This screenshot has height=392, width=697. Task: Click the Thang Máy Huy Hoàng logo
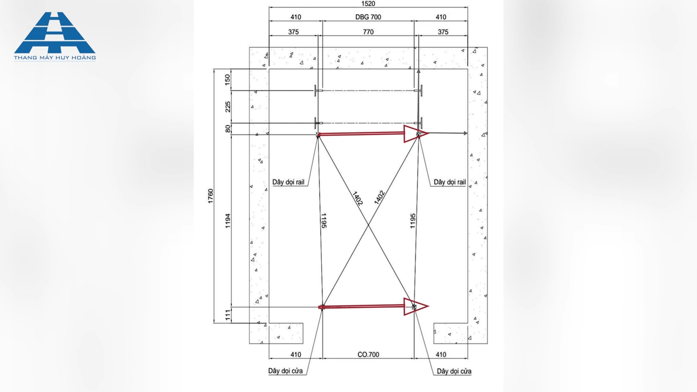coord(55,36)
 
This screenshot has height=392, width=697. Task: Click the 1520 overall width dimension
coord(368,4)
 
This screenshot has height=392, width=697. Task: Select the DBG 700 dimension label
coord(368,17)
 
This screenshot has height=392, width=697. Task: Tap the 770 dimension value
coord(368,32)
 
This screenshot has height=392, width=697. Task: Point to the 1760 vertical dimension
coord(211,196)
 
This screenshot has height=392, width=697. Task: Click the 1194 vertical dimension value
coord(228,220)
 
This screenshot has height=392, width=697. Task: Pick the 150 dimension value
coord(228,80)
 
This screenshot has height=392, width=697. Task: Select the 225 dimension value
coord(228,107)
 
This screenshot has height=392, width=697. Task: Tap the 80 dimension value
coord(228,128)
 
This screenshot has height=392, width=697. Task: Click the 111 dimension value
coord(228,315)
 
